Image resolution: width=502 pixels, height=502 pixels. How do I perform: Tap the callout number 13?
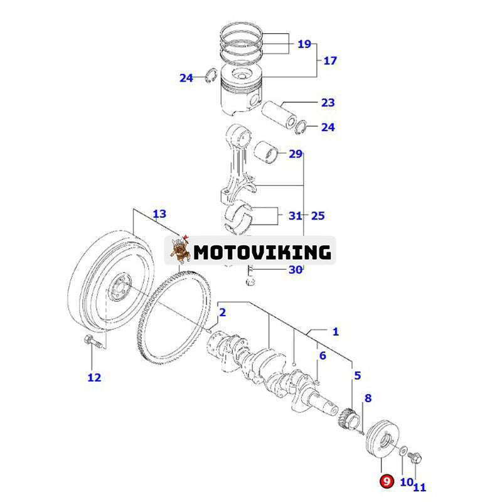click(159, 214)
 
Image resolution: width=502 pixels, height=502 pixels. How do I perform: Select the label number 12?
click(93, 377)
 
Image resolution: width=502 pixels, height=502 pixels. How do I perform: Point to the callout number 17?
click(330, 61)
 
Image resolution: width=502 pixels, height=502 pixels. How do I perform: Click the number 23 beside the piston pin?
click(328, 102)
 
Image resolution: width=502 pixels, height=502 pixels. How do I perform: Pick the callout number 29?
click(296, 154)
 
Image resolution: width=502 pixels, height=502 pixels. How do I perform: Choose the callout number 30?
click(296, 270)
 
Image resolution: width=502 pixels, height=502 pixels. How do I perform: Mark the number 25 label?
click(318, 216)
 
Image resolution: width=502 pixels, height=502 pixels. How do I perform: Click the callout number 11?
click(419, 486)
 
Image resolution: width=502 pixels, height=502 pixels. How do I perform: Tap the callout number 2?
click(222, 312)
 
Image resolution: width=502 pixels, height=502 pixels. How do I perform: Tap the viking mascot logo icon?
click(181, 250)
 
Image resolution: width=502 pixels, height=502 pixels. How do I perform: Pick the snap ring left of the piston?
click(211, 77)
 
